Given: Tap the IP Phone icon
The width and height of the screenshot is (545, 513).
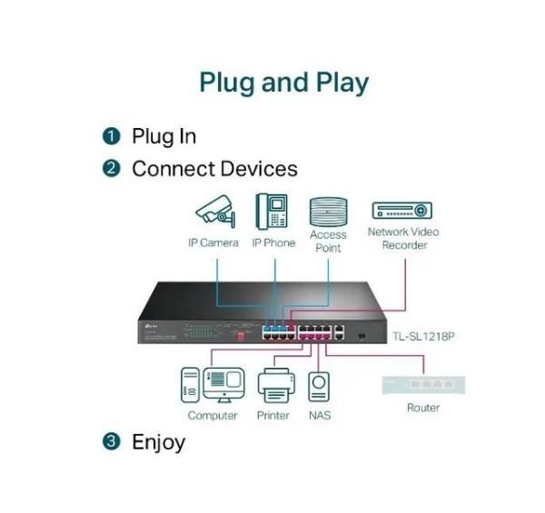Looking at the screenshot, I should click(x=272, y=212).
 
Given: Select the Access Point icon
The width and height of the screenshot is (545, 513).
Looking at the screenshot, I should click(x=328, y=212).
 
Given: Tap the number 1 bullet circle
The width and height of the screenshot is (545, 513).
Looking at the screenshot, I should click(x=112, y=137).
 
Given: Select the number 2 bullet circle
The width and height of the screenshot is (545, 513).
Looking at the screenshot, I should click(x=112, y=169).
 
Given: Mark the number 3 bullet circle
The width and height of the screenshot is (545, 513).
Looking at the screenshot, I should click(x=112, y=442).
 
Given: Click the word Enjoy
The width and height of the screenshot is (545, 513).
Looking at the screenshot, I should click(x=158, y=443).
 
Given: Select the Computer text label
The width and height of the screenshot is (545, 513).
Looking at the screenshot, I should click(x=213, y=416).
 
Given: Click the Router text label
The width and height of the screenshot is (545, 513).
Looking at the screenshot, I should click(x=423, y=409).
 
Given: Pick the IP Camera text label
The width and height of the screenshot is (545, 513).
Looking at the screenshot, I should click(x=213, y=243).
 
